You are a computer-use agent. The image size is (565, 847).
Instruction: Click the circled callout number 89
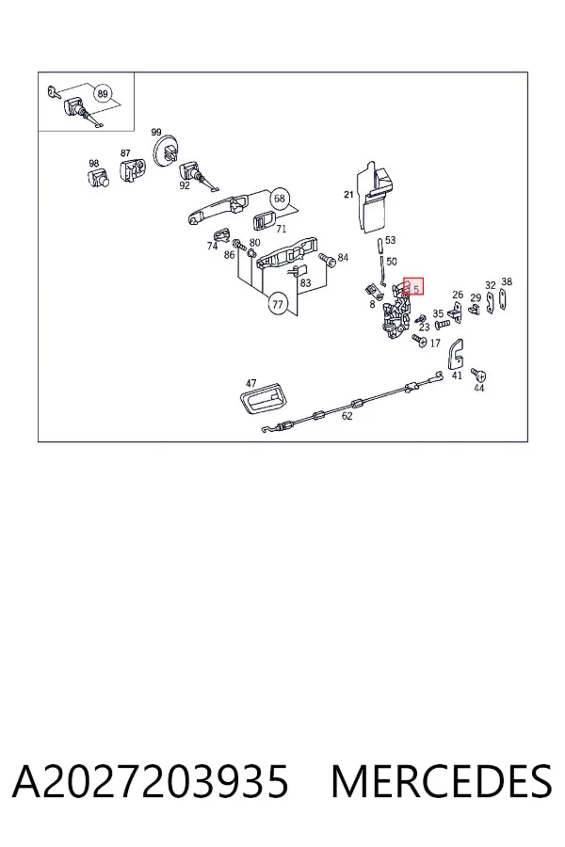coord(103,94)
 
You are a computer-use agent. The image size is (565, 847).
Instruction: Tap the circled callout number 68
coord(279,199)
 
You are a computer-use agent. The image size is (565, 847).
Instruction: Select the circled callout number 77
coord(278,305)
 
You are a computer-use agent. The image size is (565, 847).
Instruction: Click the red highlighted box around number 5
coord(413,287)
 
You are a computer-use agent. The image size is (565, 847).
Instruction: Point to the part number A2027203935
coord(151,781)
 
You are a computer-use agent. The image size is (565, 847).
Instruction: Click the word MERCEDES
coord(442,781)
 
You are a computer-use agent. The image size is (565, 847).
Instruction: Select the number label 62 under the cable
coord(347,416)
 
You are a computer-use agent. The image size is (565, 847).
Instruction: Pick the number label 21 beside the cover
coord(348,195)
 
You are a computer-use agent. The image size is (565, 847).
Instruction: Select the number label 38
coord(507,281)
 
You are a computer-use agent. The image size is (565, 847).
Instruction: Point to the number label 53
coord(391,240)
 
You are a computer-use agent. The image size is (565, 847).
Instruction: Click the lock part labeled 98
coord(98,177)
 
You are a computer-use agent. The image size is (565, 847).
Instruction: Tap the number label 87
coord(125,153)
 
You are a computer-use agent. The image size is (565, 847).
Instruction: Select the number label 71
coord(282,229)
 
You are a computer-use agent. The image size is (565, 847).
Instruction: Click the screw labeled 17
coord(420,341)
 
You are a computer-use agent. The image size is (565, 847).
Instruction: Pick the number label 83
coord(305,282)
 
